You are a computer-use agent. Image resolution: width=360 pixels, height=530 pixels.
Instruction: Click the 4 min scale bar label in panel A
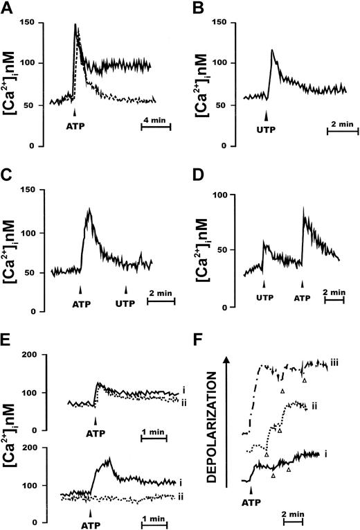click(x=154, y=120)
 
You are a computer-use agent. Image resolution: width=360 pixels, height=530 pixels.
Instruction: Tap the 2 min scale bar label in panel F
click(x=294, y=513)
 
